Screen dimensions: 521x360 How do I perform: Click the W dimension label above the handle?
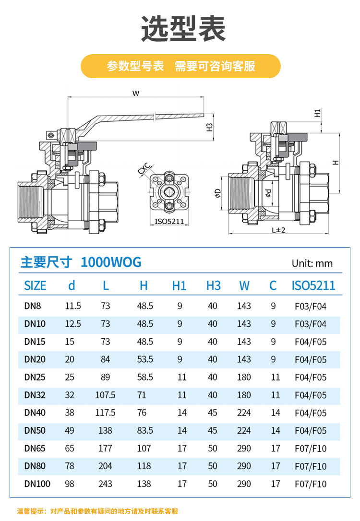coord(136,94)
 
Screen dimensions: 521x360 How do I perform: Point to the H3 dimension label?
coord(209,128)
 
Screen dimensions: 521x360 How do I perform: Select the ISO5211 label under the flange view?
coord(169,222)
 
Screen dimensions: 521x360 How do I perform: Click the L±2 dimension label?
coord(278,230)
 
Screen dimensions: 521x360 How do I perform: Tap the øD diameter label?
coord(218,193)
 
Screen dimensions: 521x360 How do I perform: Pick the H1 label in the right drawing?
coord(317,114)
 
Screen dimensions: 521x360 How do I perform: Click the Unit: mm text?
coord(312,263)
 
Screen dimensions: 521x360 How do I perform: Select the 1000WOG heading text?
coord(111,262)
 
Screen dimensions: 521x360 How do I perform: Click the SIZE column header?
coord(35,286)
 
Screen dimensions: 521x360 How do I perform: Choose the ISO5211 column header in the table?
coord(313,286)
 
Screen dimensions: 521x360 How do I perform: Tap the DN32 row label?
coord(35,395)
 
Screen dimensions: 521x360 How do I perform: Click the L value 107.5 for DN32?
coord(106,395)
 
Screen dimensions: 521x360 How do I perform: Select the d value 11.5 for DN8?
coord(73,306)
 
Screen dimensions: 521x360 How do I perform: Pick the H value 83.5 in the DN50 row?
coord(145,430)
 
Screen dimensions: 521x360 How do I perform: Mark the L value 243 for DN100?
coord(105,484)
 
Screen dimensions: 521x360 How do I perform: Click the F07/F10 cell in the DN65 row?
coord(311,448)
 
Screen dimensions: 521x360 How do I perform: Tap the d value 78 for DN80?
coord(70,466)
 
